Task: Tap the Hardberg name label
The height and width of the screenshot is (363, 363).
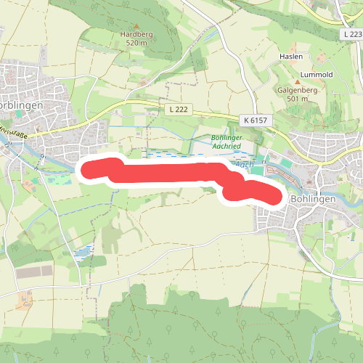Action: click(x=136, y=34)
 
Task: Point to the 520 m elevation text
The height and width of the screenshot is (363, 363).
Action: click(x=136, y=43)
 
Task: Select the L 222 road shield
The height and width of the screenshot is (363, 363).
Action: click(x=172, y=109)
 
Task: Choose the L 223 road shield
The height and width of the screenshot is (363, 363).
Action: click(x=351, y=35)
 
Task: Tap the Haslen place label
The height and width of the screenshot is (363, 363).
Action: click(x=290, y=56)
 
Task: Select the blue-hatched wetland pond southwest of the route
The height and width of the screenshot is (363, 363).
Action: click(x=83, y=253)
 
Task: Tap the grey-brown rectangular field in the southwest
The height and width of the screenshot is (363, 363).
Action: click(x=35, y=271)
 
